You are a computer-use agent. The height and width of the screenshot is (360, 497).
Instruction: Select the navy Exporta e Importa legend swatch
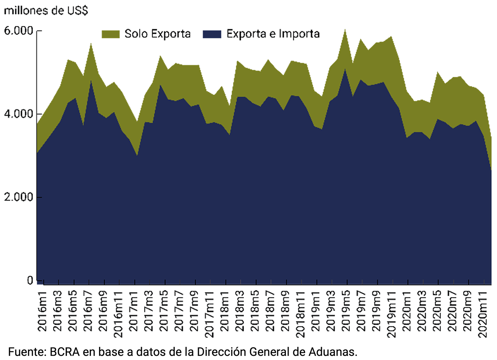tap(212, 34)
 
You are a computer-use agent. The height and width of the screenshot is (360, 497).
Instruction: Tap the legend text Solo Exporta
tap(158, 34)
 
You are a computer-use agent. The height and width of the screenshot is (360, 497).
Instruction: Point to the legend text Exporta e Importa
tap(273, 34)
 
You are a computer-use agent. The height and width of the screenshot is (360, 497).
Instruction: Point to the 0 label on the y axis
tap(30, 280)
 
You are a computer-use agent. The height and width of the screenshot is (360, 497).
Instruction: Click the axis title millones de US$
tap(46, 10)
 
